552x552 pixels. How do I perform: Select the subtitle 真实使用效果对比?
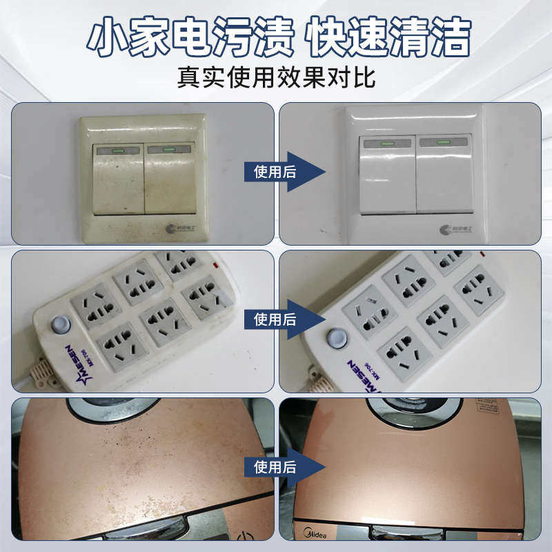pos(276,76)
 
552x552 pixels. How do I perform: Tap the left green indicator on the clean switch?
pos(386,144)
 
